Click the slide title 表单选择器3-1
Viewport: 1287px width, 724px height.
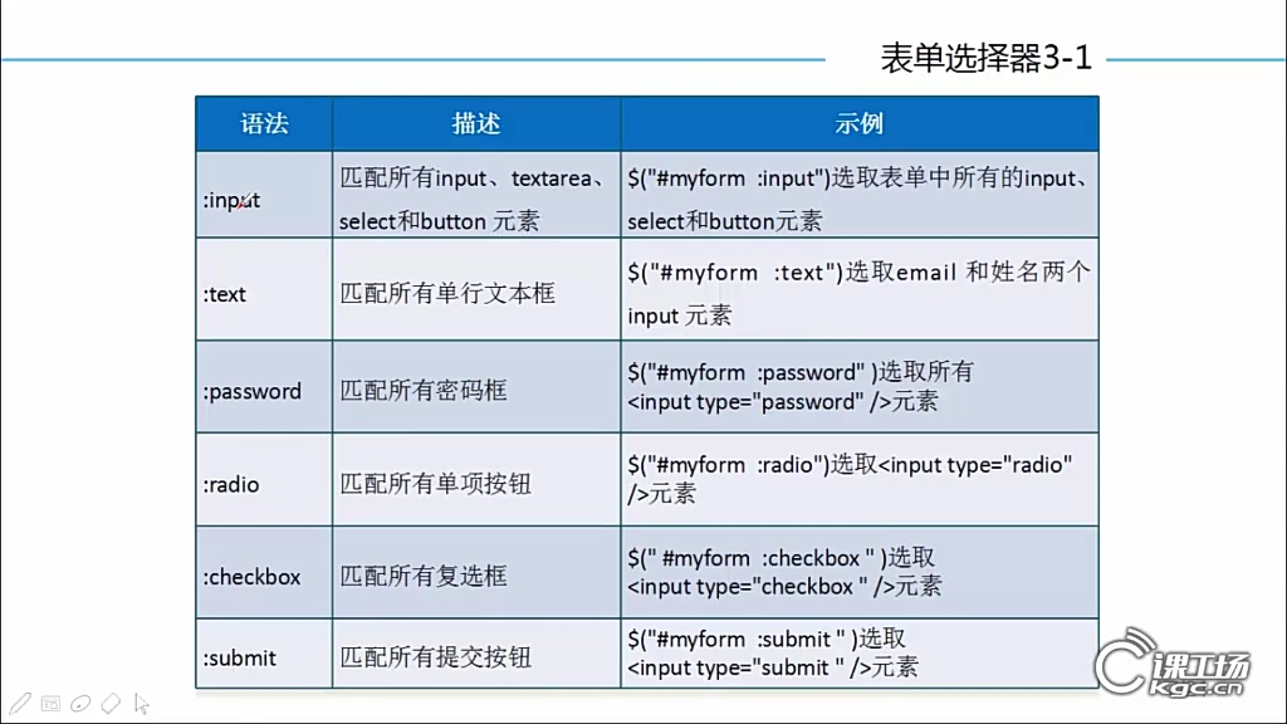coord(986,58)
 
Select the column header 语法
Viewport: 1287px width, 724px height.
coord(264,123)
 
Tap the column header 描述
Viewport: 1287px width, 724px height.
coord(476,123)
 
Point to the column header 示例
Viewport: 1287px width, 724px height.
coord(859,123)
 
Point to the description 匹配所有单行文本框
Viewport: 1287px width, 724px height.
coord(447,293)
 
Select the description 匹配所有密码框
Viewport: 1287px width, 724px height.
coord(423,390)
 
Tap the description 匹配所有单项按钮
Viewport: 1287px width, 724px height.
coord(435,483)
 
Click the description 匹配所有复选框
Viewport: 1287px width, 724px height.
coord(423,576)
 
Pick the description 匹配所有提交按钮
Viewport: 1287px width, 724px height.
coord(435,657)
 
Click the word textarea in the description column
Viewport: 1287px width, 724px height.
coord(551,178)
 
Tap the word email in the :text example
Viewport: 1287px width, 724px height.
coord(926,272)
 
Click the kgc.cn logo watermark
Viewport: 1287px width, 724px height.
coord(1173,664)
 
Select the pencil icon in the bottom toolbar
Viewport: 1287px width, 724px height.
coord(19,703)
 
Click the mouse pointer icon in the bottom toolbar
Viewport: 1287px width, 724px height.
coord(141,703)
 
